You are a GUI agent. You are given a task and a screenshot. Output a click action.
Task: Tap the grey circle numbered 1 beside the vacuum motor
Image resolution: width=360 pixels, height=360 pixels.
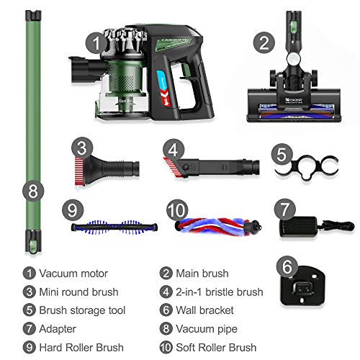(x=96, y=43)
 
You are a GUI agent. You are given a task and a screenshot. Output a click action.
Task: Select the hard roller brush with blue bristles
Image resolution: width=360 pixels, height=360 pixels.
(x=114, y=227)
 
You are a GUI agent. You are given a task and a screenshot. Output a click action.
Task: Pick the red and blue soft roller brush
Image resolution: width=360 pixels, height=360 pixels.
(x=218, y=227)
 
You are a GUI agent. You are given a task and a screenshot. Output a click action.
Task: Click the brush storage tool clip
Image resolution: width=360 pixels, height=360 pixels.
(x=307, y=167)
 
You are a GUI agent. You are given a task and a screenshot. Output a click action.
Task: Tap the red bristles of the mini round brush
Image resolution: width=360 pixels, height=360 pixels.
(x=79, y=171)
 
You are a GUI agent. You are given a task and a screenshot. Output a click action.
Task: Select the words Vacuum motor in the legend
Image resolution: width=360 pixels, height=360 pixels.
(x=73, y=274)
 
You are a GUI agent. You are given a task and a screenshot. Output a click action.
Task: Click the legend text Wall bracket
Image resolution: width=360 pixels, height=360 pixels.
(x=204, y=310)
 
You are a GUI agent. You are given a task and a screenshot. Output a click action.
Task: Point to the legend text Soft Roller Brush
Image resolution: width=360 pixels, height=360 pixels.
(x=216, y=347)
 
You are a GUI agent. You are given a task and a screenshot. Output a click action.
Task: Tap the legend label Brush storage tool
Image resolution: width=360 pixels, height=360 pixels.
(x=82, y=310)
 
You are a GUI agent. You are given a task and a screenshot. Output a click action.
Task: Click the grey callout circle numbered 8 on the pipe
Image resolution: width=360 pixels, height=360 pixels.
(x=33, y=191)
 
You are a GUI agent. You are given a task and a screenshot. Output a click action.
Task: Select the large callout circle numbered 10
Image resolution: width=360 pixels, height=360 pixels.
(x=177, y=210)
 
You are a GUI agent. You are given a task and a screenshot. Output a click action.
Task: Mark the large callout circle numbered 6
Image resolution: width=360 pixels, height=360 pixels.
(x=287, y=266)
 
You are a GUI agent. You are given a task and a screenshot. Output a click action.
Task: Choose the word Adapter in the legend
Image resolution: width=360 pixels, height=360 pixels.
(x=58, y=329)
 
